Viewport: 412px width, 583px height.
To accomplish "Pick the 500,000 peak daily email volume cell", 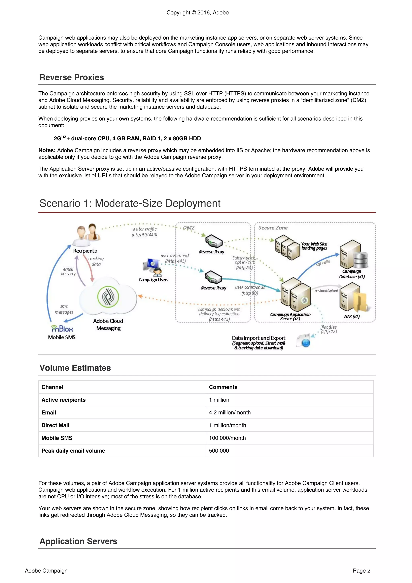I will tap(219, 451).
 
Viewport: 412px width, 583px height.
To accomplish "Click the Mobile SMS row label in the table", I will tap(57, 438).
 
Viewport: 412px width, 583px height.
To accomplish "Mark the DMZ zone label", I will tap(188, 227).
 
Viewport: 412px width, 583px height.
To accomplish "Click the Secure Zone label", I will tap(273, 228).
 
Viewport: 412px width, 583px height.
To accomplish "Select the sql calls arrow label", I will tap(323, 263).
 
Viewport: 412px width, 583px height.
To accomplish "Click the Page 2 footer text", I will tap(361, 571).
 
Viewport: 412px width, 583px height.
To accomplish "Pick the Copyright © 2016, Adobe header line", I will tap(197, 12).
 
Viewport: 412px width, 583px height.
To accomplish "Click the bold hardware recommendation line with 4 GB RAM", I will tap(127, 138).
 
